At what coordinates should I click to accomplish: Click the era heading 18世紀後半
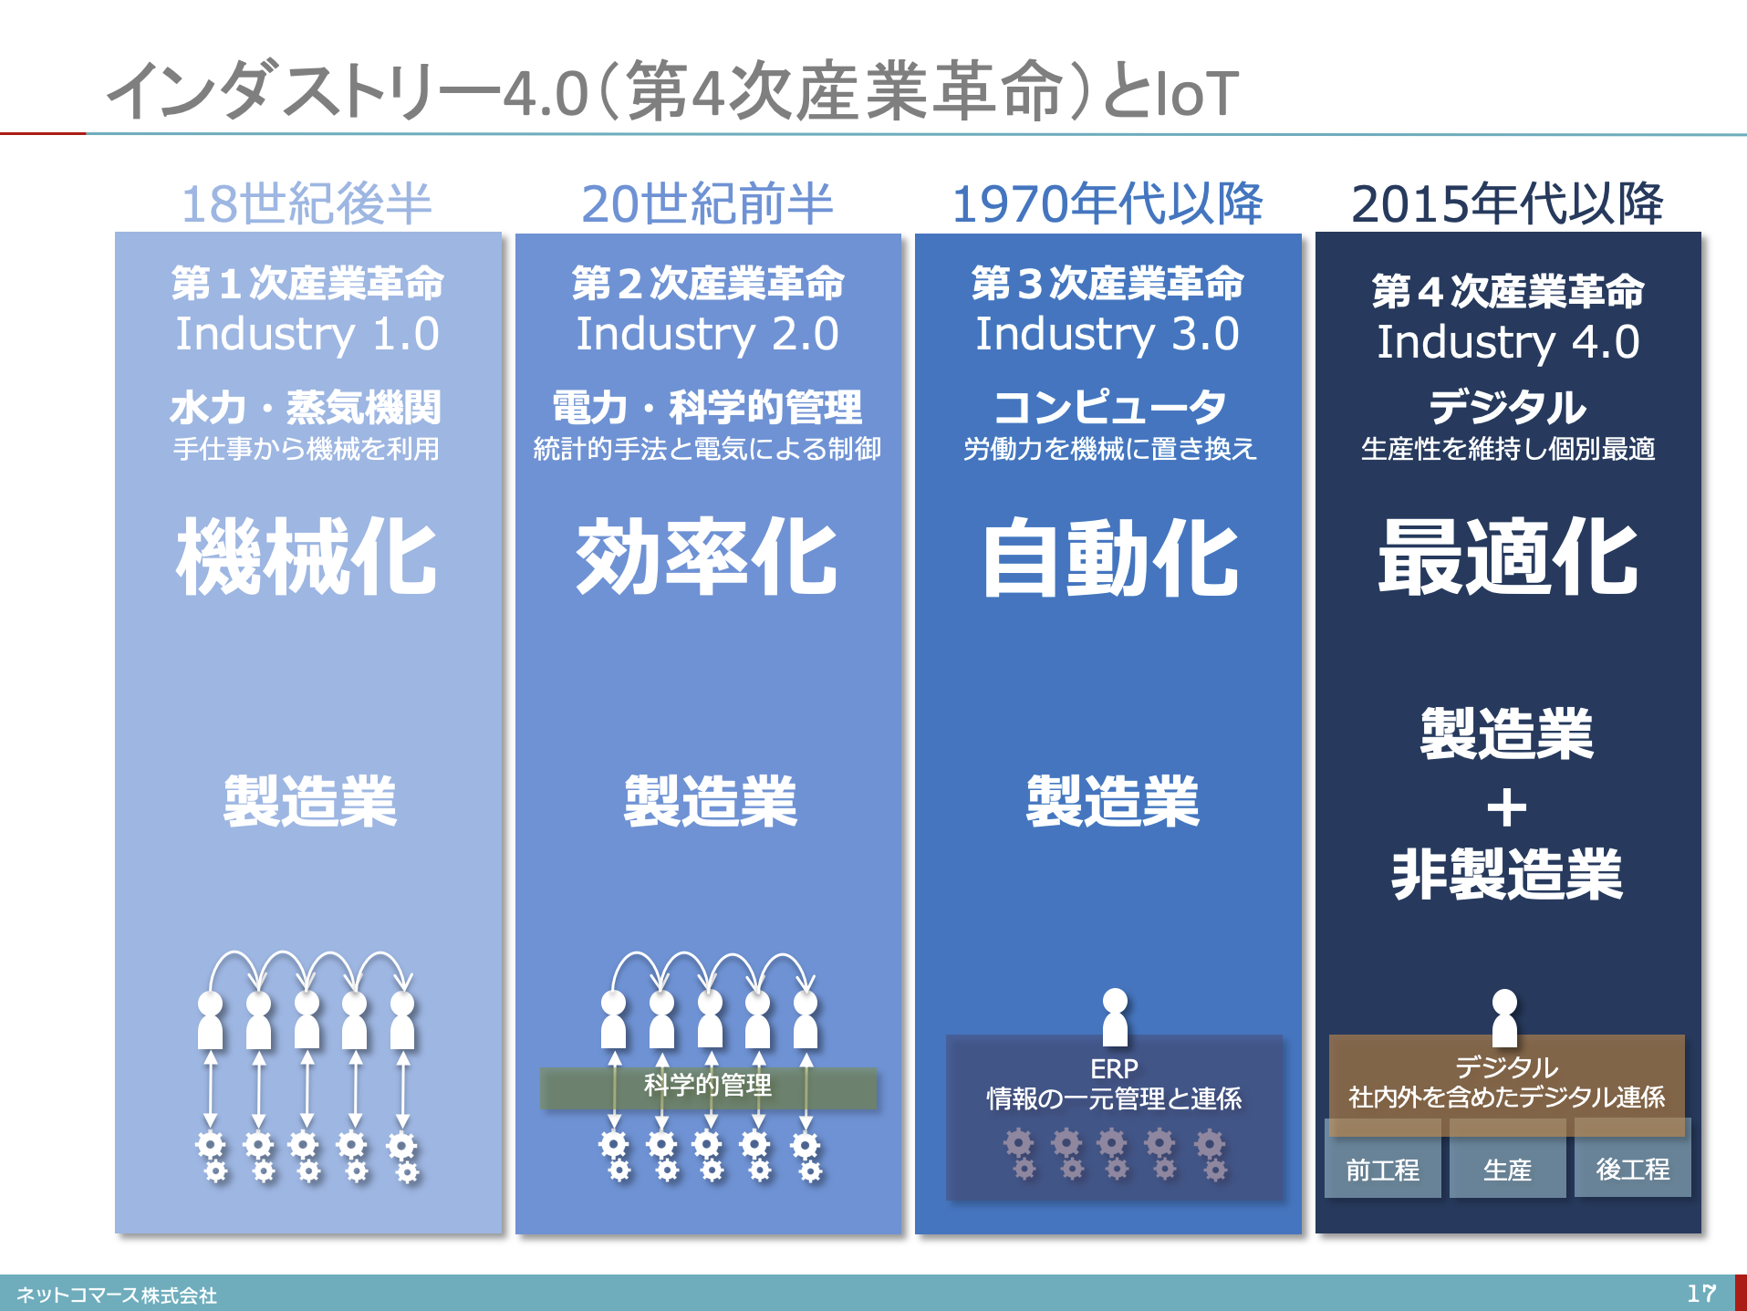point(307,203)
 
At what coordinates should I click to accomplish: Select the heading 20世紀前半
point(707,203)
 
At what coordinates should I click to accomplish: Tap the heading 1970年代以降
point(1107,203)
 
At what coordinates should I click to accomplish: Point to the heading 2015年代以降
point(1507,203)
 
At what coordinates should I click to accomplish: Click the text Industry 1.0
point(307,334)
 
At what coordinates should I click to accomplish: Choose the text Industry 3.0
point(1107,334)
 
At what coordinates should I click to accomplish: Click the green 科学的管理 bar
point(708,1087)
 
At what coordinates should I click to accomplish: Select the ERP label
point(1114,1068)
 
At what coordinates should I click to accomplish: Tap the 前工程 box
point(1382,1169)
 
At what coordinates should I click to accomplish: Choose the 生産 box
point(1507,1169)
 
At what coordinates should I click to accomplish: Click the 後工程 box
point(1633,1169)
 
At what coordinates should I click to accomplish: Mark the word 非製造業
point(1507,874)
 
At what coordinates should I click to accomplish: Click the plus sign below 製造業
point(1506,808)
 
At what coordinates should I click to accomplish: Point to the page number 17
point(1700,1293)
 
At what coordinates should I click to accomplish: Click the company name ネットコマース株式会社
point(117,1295)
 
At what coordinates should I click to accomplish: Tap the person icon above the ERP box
point(1115,1015)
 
